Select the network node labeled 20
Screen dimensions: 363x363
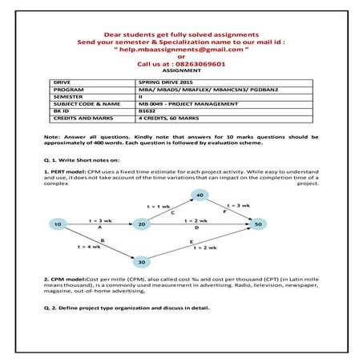pos(141,225)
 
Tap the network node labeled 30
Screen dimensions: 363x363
pos(141,261)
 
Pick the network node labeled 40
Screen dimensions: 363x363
pos(200,195)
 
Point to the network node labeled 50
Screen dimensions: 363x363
pos(258,225)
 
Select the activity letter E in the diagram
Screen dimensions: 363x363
pos(192,240)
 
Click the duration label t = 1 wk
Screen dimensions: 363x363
pos(159,206)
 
